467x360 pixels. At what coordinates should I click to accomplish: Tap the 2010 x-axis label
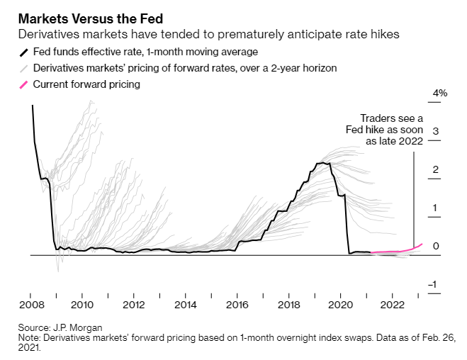point(83,305)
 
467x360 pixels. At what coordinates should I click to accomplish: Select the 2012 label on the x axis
point(134,305)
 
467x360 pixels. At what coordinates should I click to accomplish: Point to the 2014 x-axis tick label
point(186,305)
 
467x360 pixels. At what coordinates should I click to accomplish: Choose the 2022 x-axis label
point(392,305)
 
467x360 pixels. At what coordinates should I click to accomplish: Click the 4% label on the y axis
point(441,94)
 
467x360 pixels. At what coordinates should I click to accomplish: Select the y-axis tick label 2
point(436,170)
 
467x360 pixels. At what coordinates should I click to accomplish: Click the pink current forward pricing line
point(397,251)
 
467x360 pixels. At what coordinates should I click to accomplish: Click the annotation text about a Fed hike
point(392,130)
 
